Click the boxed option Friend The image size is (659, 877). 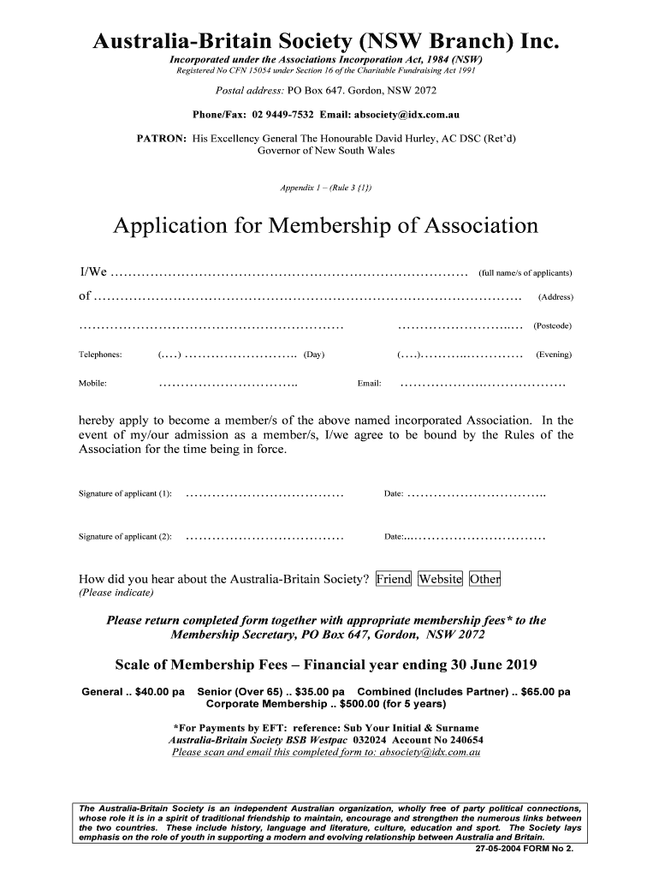394,579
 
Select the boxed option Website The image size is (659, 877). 440,579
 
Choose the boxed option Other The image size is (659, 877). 484,579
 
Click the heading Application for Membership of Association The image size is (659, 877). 326,226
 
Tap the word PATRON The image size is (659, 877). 162,138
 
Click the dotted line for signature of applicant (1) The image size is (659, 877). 264,494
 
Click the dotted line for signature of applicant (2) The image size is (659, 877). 264,537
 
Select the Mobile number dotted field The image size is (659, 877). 229,384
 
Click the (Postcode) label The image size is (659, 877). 552,325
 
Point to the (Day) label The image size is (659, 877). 314,355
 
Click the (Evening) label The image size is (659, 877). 554,355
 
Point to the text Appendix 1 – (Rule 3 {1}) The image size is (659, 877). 326,188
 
